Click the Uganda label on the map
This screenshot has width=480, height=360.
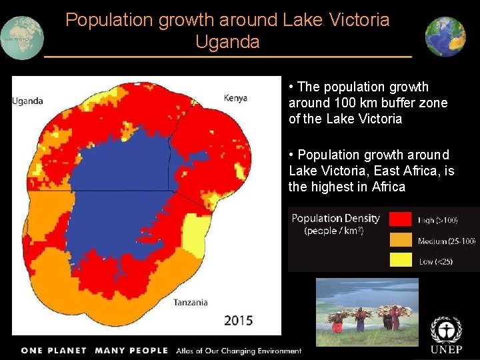pos(28,101)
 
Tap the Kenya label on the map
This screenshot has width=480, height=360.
pos(235,98)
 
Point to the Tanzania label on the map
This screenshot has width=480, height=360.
pos(190,302)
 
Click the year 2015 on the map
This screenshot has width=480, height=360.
pos(238,320)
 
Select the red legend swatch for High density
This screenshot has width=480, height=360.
pos(401,219)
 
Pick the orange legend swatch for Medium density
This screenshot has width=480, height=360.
pos(401,239)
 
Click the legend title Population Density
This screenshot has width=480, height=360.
pos(335,219)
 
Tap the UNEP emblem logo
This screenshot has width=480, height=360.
pos(445,330)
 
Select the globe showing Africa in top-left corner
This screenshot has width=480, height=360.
pos(21,38)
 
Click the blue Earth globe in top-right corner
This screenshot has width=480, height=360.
pos(445,37)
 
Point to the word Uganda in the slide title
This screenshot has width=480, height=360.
pos(227,41)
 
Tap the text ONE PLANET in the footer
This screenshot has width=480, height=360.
pos(54,351)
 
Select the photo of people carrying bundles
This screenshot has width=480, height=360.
pos(367,311)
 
